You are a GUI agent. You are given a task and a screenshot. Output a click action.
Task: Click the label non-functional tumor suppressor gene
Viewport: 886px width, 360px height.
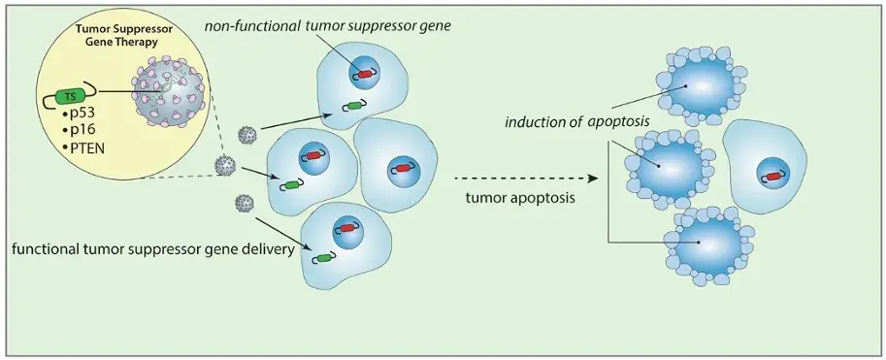point(327,26)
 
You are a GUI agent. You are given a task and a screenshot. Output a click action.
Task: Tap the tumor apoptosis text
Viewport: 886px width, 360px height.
point(521,198)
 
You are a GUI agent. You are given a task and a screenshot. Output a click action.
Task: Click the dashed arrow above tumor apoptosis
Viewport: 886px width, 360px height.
point(526,178)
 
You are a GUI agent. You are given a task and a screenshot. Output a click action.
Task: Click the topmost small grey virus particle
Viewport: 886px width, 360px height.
point(246,135)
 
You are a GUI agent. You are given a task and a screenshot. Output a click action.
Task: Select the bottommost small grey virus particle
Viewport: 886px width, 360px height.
point(244,201)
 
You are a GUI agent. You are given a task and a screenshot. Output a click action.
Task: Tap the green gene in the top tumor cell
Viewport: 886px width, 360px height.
point(354,105)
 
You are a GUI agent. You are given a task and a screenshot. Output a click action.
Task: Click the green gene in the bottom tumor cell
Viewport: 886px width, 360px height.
point(324,258)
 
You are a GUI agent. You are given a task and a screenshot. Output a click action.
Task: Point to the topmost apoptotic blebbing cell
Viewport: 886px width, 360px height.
point(702,86)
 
